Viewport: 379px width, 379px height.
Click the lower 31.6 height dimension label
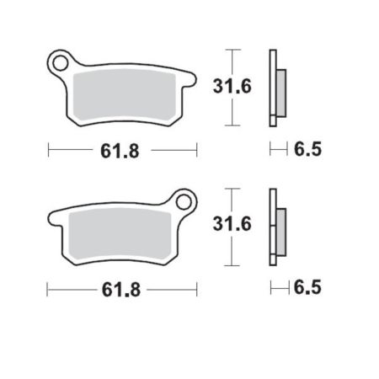(x=227, y=225)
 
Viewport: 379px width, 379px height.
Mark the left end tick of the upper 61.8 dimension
(x=49, y=151)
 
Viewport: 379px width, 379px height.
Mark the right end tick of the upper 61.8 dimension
(x=196, y=151)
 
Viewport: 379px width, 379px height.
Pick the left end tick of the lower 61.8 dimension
(x=49, y=289)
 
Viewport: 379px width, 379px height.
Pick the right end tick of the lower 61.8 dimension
(x=196, y=289)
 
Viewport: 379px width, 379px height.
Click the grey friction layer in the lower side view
(x=281, y=227)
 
